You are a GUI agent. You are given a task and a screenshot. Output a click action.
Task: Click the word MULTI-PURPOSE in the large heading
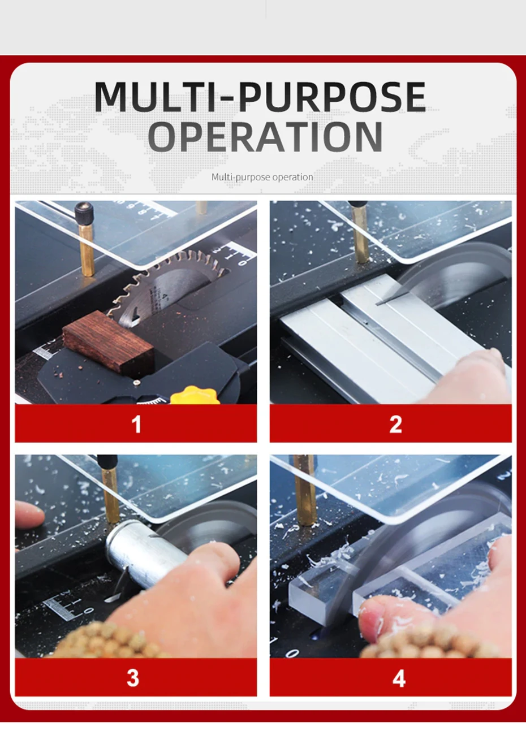(260, 97)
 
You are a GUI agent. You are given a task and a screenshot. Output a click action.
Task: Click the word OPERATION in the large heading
(265, 136)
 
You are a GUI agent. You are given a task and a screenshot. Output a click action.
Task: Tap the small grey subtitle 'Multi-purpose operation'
(262, 177)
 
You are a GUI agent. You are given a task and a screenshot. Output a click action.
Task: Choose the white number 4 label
(399, 678)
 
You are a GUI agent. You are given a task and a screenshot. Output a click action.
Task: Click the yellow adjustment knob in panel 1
(195, 395)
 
